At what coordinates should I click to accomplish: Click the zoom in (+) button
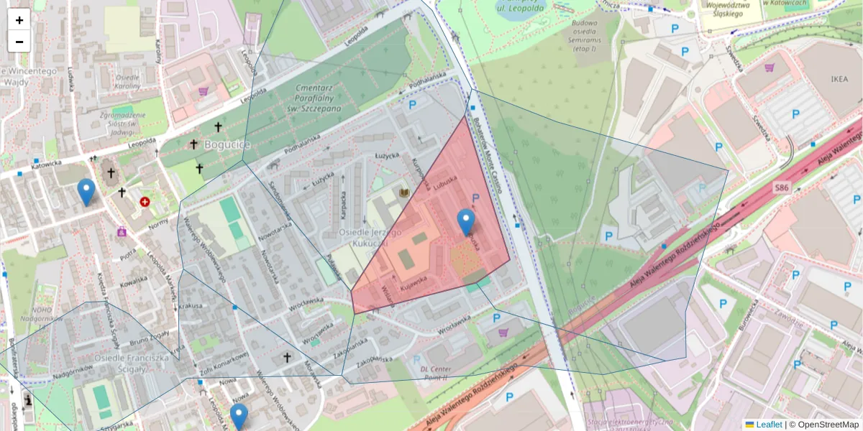pyautogui.click(x=19, y=20)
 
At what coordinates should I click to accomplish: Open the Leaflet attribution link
pyautogui.click(x=768, y=425)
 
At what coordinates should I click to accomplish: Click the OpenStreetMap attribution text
pyautogui.click(x=828, y=425)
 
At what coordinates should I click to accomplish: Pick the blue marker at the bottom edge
pyautogui.click(x=239, y=416)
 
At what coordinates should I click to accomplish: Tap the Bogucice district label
pyautogui.click(x=227, y=144)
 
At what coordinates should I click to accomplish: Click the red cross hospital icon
pyautogui.click(x=145, y=203)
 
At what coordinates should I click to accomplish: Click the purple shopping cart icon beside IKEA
pyautogui.click(x=770, y=68)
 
